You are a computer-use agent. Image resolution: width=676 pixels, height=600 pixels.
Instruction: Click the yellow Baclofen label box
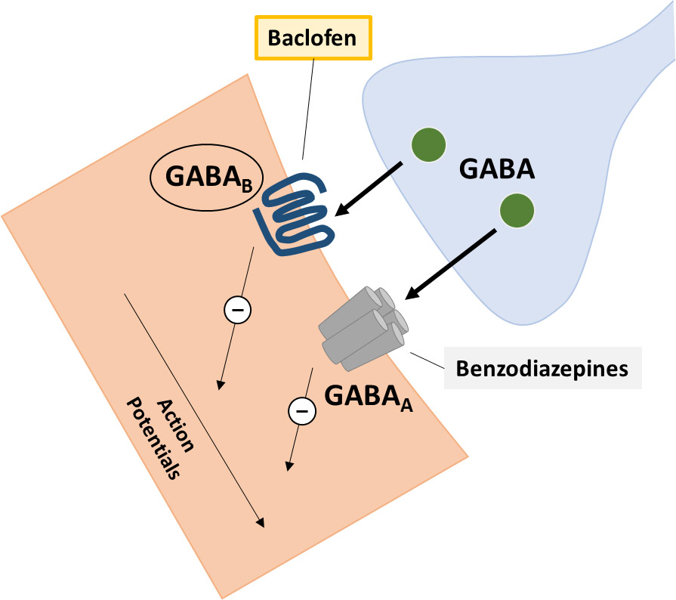click(313, 38)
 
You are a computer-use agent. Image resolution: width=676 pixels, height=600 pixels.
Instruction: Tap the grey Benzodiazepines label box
click(543, 368)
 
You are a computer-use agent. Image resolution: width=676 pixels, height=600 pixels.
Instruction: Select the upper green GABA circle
click(428, 145)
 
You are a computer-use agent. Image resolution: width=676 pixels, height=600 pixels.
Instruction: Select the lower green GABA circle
click(517, 211)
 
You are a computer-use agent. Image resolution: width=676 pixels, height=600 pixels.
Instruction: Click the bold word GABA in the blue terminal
click(497, 169)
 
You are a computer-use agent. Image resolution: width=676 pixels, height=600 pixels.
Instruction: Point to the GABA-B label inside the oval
click(208, 178)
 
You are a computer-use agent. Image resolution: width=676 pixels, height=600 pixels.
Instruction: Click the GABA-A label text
click(369, 397)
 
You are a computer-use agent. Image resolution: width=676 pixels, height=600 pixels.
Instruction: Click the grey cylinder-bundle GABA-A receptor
click(363, 329)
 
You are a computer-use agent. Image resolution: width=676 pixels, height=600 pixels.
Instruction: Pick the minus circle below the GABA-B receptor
click(238, 310)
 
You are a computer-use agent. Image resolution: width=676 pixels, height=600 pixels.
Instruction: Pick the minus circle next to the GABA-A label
click(302, 411)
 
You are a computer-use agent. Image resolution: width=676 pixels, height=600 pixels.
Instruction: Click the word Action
click(174, 425)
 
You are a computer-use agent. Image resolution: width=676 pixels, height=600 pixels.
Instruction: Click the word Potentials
click(153, 438)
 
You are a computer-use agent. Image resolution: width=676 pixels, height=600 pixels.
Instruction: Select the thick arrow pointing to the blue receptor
click(369, 190)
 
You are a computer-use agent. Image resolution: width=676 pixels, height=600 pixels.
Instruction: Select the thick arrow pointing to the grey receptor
click(451, 264)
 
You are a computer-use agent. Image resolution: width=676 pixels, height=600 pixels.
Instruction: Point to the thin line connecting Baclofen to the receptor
click(308, 109)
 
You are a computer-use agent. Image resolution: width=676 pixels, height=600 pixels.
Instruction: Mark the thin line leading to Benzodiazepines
click(428, 360)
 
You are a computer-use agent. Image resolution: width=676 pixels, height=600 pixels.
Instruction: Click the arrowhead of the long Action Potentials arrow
click(260, 522)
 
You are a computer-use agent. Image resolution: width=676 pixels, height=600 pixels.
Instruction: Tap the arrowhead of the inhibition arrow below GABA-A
click(289, 466)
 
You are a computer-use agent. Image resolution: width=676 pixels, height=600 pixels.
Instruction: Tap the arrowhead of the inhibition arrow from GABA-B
click(221, 385)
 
